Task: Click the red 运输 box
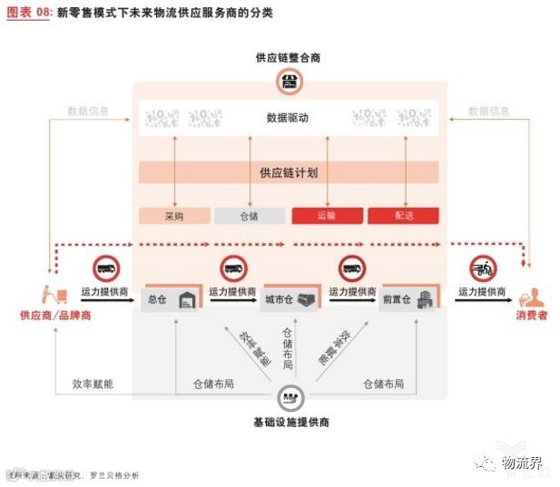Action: click(327, 216)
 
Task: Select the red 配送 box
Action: click(403, 216)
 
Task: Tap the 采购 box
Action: click(174, 216)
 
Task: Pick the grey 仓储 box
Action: click(250, 216)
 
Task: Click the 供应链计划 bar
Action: click(288, 172)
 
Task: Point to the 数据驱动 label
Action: click(288, 118)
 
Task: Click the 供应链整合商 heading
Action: click(288, 58)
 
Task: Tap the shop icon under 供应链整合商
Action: click(288, 83)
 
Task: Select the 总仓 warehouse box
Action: click(172, 300)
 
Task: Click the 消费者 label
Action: click(532, 316)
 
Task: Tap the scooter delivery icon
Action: click(483, 268)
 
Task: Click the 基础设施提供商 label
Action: click(290, 423)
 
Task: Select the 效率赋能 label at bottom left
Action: click(93, 384)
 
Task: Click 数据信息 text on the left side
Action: click(88, 111)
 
